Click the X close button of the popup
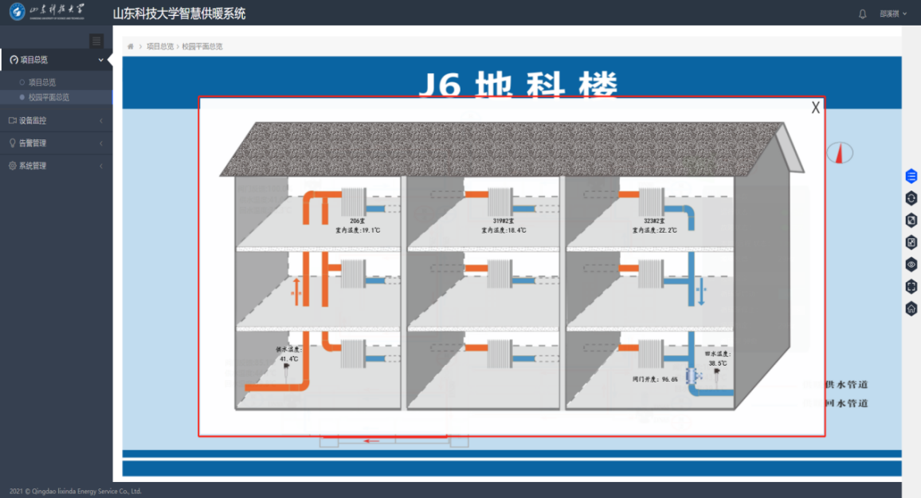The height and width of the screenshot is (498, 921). (x=815, y=108)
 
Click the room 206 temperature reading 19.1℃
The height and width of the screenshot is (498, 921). (x=351, y=230)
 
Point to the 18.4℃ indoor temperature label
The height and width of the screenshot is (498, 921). (x=504, y=230)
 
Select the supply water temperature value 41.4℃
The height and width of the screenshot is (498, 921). (x=288, y=359)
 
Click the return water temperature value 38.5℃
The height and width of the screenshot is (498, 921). (x=718, y=363)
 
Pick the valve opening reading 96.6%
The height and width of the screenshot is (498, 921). (x=656, y=379)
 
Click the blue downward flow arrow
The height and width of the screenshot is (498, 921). (x=701, y=292)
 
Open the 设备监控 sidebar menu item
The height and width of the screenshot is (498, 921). (x=33, y=120)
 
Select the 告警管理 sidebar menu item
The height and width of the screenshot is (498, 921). (x=33, y=143)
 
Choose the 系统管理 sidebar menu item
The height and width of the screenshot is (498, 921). (x=33, y=166)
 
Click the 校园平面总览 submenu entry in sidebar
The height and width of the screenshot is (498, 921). (x=49, y=97)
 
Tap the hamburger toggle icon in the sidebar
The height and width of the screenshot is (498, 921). (x=96, y=41)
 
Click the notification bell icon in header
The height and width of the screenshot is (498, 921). (x=862, y=14)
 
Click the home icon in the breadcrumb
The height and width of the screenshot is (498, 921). (x=131, y=47)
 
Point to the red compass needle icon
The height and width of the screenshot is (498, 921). (x=839, y=153)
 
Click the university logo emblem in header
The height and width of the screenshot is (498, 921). (x=17, y=13)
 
